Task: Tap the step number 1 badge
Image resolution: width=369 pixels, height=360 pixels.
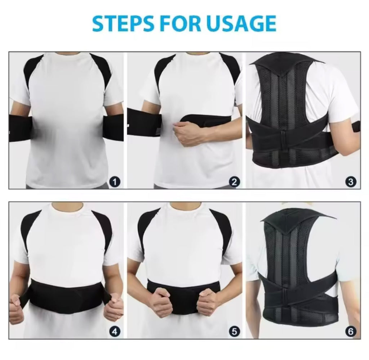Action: (x=114, y=182)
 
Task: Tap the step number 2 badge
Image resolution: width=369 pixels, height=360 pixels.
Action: (x=235, y=182)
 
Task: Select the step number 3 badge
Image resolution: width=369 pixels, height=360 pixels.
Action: (x=351, y=182)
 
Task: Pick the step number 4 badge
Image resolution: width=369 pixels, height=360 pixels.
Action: (x=114, y=332)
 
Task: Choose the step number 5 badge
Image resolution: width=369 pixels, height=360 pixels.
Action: (x=235, y=332)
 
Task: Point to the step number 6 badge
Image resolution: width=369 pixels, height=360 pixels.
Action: (x=351, y=332)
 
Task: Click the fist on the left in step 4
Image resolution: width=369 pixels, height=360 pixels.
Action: (x=16, y=308)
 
